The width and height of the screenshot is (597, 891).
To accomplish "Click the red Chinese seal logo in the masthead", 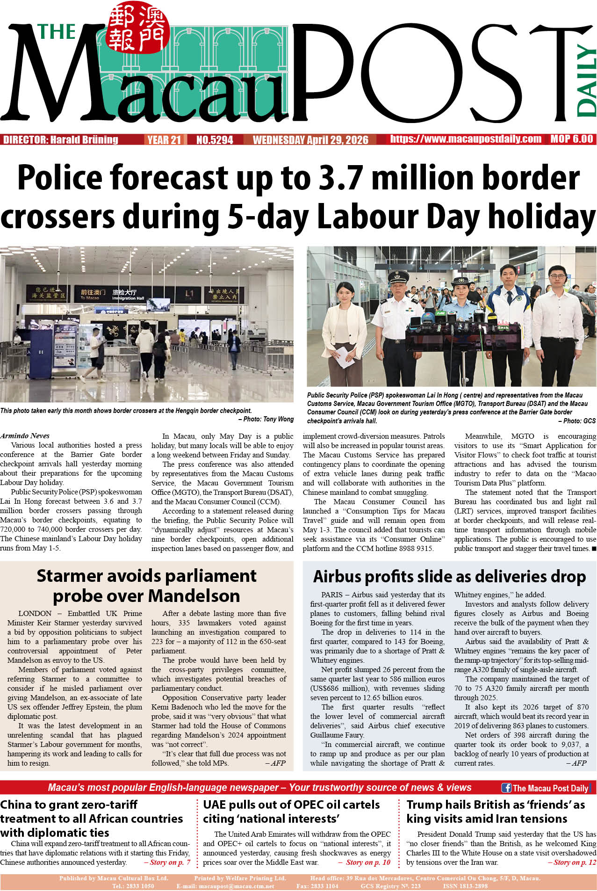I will (137, 28).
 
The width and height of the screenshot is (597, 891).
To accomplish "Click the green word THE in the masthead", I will (57, 32).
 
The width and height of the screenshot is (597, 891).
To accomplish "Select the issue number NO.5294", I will (215, 140).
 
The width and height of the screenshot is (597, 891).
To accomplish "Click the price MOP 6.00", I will (571, 139).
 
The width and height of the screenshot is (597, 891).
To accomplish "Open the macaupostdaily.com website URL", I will (466, 139).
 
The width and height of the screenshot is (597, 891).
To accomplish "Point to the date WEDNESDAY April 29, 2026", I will (310, 140).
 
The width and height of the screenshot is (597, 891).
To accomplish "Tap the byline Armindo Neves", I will (25, 435).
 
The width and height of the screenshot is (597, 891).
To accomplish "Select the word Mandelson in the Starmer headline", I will (194, 596).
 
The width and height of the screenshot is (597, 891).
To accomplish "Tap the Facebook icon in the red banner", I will (506, 788).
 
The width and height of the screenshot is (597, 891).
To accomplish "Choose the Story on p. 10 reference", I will (367, 862).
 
